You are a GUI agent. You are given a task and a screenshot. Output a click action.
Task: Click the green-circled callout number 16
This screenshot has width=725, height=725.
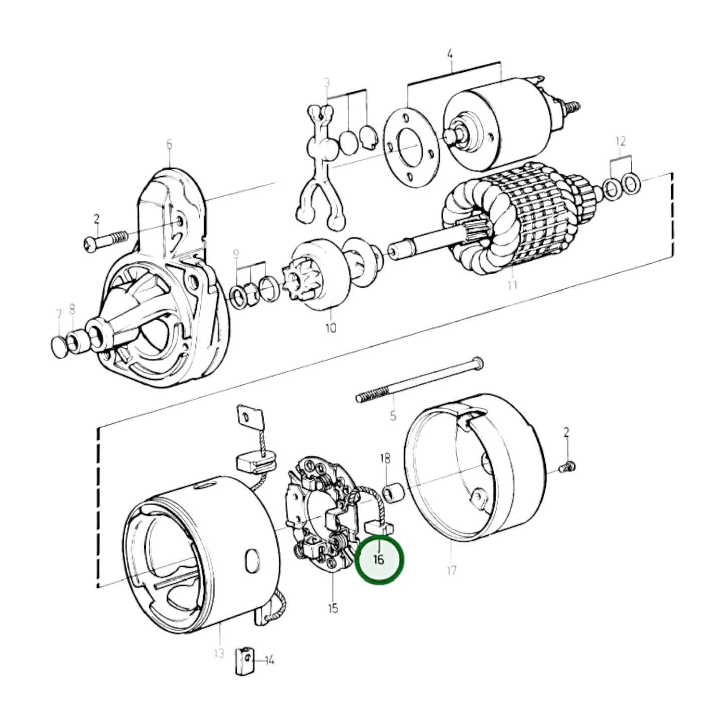click(379, 559)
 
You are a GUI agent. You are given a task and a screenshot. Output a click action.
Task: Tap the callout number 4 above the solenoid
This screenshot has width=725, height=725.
click(450, 53)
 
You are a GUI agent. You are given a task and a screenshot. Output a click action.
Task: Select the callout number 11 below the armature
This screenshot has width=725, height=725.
click(512, 285)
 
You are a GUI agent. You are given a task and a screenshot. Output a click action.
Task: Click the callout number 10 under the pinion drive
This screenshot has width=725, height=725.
click(331, 328)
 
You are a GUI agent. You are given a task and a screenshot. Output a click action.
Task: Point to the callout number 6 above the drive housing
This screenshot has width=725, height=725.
click(169, 145)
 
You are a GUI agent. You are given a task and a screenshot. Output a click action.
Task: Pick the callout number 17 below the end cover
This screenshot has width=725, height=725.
click(451, 570)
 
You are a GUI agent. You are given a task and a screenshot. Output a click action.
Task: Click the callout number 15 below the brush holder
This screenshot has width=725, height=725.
click(333, 608)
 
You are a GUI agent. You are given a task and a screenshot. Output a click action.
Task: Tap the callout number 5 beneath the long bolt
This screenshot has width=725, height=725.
click(393, 415)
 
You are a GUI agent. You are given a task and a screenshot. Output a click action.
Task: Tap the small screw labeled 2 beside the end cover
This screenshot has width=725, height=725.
click(567, 468)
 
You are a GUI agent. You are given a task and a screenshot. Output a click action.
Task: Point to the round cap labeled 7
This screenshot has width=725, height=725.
click(59, 348)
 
